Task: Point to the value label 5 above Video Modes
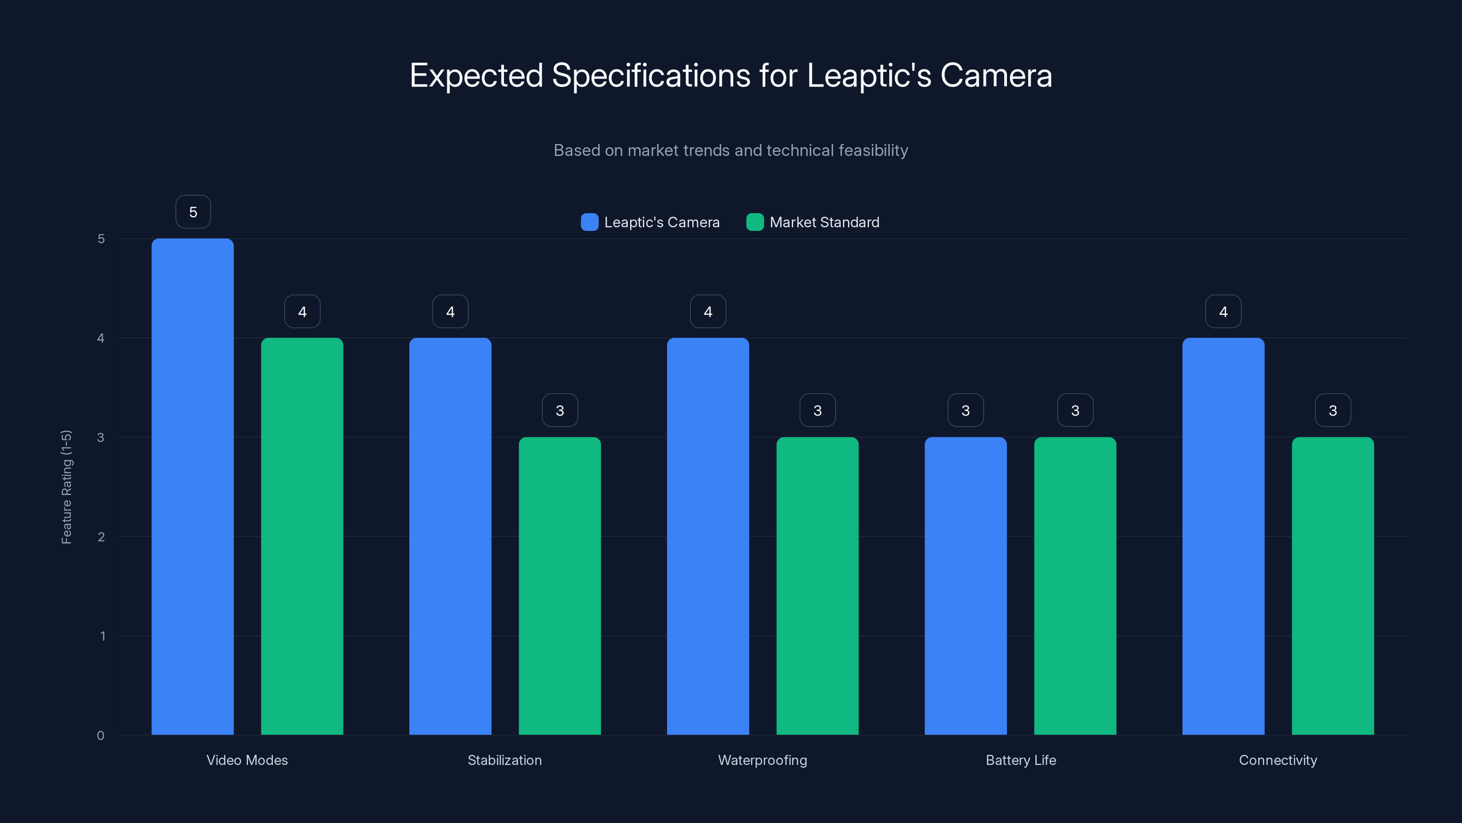(193, 212)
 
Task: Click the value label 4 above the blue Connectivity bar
(1223, 311)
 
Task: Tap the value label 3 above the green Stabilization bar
(560, 410)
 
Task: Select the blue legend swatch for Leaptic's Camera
(590, 222)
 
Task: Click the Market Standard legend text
(824, 222)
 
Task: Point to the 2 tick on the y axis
(101, 537)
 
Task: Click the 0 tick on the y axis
(101, 736)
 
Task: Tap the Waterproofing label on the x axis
(762, 760)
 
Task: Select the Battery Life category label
(1021, 760)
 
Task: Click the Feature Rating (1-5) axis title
(66, 487)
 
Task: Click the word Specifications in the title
(651, 75)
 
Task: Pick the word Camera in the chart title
(996, 75)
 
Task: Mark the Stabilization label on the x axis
(504, 760)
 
